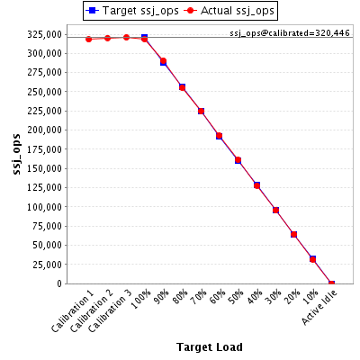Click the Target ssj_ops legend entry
[x=132, y=11]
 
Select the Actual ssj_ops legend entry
[x=229, y=11]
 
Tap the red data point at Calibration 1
[x=89, y=39]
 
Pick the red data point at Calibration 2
[x=107, y=38]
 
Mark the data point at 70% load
[x=201, y=112]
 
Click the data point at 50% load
[x=238, y=160]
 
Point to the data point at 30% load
[x=275, y=210]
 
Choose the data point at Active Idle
[x=331, y=283]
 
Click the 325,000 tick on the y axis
[x=44, y=34]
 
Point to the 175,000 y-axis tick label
[x=44, y=149]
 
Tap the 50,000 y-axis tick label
[x=47, y=245]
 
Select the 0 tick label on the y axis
[x=59, y=283]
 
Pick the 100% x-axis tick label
[x=141, y=300]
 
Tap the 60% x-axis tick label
[x=217, y=297]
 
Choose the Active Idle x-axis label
[x=319, y=308]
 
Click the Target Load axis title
[x=210, y=347]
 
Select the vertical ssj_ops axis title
[x=17, y=154]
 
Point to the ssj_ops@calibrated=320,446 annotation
[x=290, y=33]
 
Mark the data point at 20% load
[x=293, y=234]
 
